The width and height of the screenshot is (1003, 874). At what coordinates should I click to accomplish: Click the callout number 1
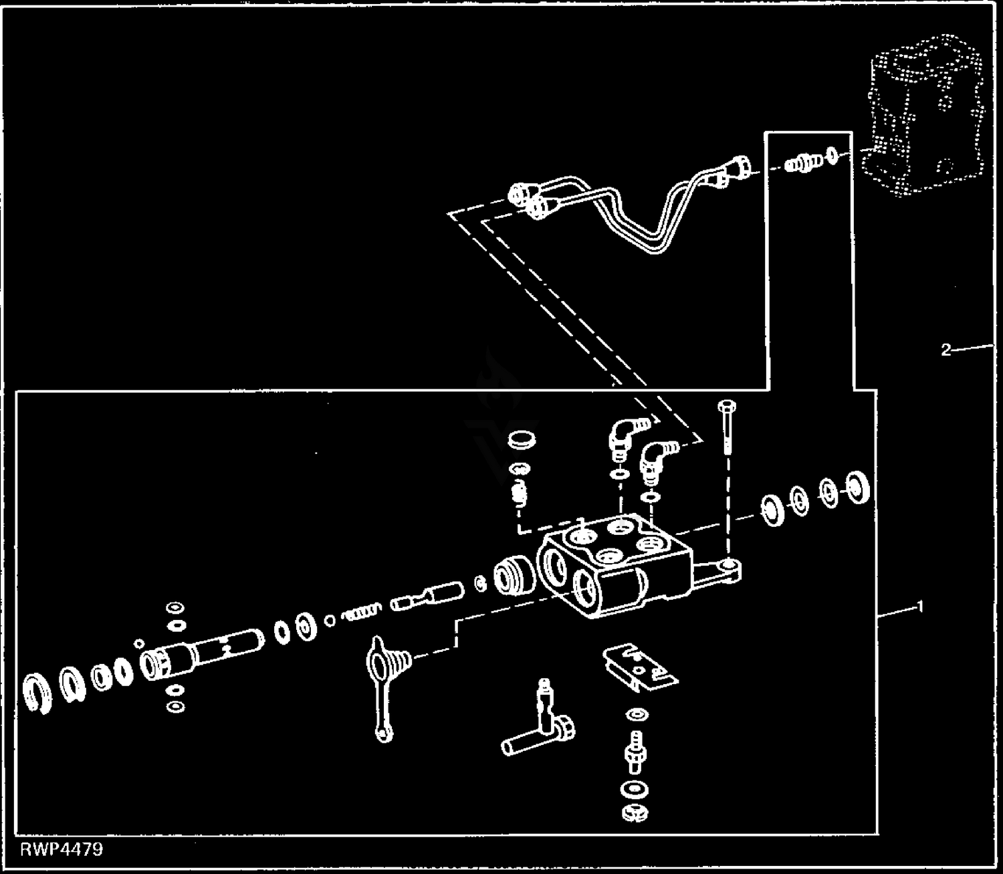920,607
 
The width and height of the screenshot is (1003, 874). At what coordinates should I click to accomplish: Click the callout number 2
945,349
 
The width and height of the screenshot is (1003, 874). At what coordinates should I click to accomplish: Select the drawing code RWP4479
62,849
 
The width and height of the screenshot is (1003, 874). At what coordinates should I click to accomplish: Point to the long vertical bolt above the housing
727,435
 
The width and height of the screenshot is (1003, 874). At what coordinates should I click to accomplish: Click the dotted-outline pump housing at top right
923,120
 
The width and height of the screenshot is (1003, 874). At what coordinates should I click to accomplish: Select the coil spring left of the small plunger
362,611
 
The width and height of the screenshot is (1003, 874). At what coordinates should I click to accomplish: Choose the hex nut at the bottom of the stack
634,813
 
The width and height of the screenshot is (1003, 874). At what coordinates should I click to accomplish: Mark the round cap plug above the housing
521,442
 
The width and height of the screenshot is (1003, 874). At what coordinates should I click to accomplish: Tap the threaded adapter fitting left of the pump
800,162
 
